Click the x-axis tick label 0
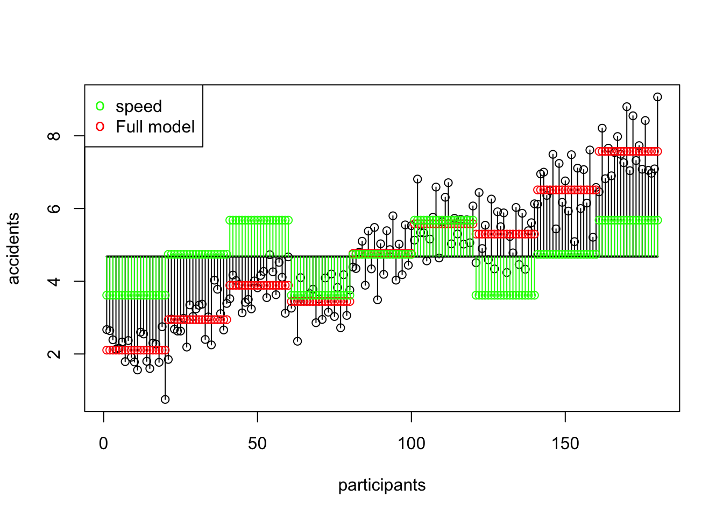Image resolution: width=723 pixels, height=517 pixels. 103,444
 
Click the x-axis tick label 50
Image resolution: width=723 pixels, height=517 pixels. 257,444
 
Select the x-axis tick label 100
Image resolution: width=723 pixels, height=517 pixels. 411,444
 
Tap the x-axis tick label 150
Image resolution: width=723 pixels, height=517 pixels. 565,444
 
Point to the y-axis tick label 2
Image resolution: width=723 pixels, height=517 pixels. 54,354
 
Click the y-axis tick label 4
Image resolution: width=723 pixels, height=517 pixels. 54,281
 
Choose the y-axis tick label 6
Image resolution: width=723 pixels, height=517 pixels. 54,208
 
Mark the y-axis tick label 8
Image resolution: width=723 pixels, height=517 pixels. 54,136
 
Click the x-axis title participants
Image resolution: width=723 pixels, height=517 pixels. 381,485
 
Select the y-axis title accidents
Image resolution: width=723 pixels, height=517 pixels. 13,248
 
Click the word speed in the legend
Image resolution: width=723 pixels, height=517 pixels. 139,107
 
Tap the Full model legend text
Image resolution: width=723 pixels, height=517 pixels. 155,127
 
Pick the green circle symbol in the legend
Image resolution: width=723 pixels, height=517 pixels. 100,106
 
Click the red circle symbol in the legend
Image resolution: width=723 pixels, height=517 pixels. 100,127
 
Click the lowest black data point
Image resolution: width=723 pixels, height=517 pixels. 165,399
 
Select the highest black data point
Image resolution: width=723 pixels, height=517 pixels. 657,97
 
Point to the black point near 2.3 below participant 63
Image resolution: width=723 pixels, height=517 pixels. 297,341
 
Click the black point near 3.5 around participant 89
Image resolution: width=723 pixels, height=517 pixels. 378,299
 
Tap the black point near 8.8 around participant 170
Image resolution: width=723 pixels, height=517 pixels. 627,107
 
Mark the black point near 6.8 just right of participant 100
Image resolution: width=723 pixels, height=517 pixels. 417,179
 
